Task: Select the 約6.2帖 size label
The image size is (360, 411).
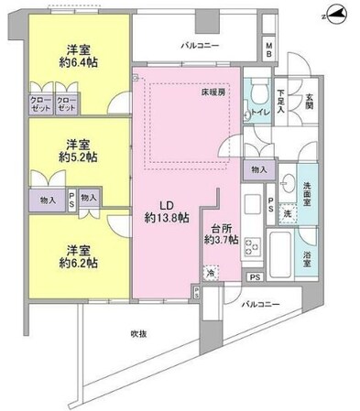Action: coord(77,260)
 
